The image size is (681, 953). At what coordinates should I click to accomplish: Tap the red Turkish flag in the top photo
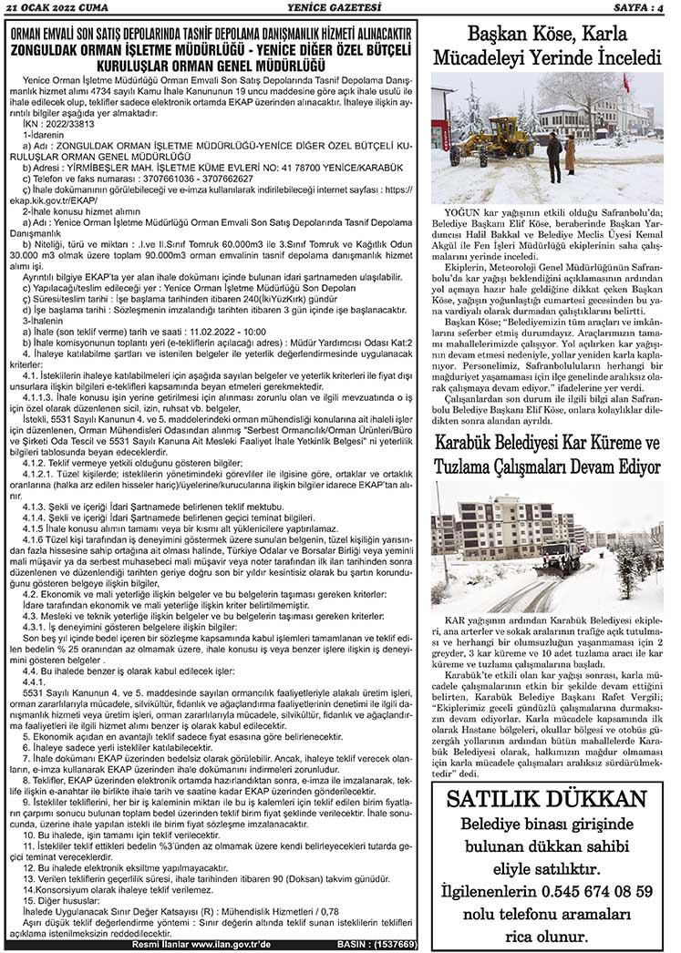tap(625, 83)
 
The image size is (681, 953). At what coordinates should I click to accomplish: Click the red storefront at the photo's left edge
tap(438, 118)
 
